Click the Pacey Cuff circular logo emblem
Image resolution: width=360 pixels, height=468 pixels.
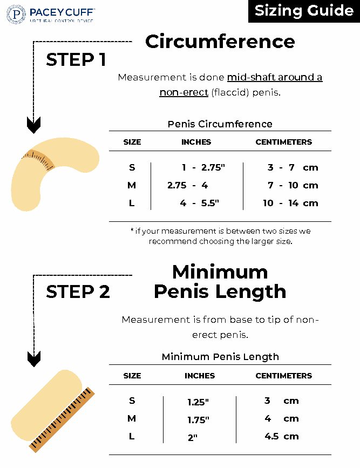16,14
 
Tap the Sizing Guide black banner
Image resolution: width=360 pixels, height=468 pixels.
304,11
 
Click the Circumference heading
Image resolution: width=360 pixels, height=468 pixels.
220,42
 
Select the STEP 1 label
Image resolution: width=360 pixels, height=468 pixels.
76,60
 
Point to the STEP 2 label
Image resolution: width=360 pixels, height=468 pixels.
78,291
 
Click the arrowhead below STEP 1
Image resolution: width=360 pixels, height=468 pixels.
34,126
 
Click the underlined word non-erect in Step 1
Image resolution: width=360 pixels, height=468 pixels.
184,92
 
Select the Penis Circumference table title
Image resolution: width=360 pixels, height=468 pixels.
220,124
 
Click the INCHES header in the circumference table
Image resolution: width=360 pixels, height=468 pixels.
196,142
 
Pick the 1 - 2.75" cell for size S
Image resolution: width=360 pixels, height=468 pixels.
203,167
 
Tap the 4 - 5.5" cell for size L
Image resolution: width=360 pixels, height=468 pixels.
200,203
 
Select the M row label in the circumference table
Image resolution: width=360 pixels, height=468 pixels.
132,185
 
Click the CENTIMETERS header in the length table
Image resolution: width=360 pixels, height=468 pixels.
283,376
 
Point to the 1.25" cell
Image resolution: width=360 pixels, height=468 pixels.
198,402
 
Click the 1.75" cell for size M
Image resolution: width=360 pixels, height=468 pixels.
198,420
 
